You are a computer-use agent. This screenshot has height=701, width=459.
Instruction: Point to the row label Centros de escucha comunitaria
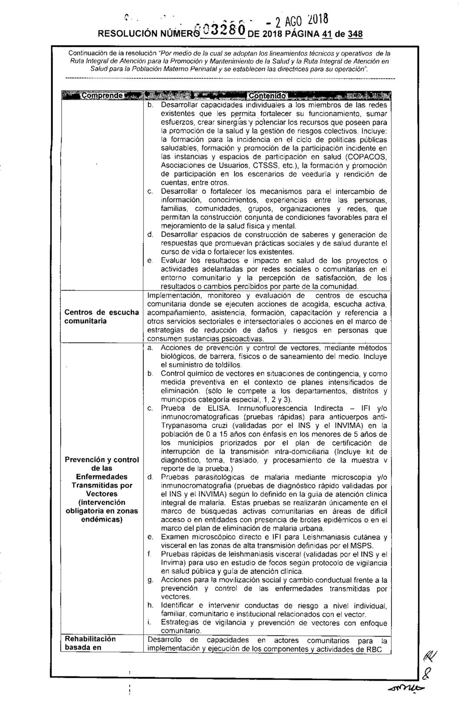[102, 317]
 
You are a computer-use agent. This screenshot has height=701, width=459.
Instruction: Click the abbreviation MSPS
[363, 546]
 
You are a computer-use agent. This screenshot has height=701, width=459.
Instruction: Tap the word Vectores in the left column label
[102, 494]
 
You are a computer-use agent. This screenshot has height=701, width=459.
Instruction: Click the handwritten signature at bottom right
[425, 672]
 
